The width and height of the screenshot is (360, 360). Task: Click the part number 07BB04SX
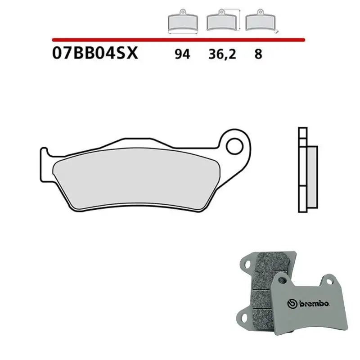[95, 54]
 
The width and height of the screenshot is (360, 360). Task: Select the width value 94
[182, 54]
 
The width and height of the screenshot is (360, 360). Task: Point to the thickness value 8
[258, 54]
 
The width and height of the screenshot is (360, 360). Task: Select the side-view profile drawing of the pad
[307, 171]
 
